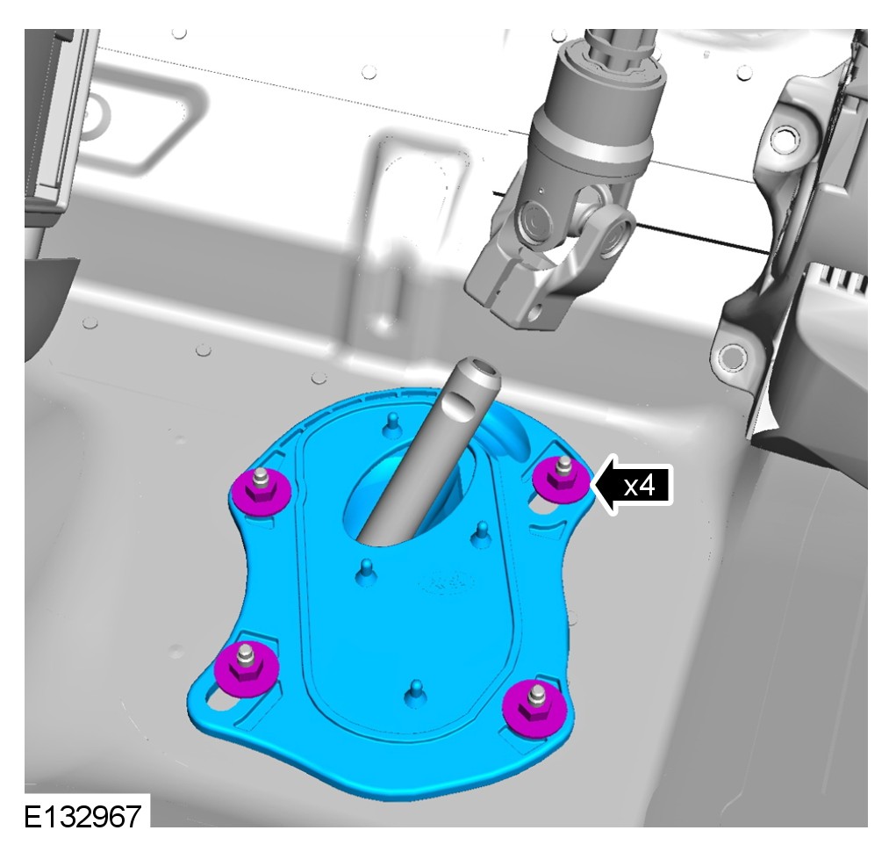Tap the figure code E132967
(x=82, y=817)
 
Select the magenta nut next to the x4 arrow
(x=561, y=480)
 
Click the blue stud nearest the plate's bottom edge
(x=415, y=694)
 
